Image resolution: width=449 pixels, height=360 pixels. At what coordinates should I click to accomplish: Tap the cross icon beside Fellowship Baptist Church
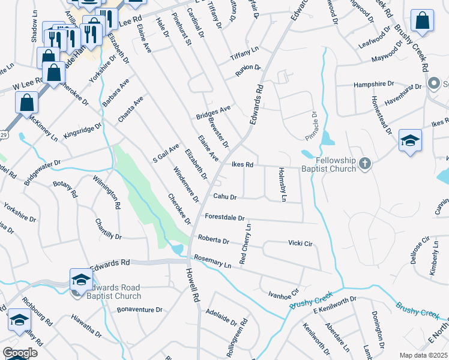(x=364, y=163)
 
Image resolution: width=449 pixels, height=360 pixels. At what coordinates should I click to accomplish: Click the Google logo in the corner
(x=20, y=353)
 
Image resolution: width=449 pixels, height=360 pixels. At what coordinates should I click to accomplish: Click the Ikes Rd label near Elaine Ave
(x=241, y=164)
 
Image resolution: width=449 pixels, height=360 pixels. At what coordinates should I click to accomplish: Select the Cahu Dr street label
(x=225, y=197)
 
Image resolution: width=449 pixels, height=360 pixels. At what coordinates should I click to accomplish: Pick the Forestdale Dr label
(x=225, y=218)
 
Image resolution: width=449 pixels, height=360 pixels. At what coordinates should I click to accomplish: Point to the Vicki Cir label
(x=301, y=243)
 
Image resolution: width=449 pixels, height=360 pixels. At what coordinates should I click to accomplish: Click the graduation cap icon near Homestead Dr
(x=409, y=141)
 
